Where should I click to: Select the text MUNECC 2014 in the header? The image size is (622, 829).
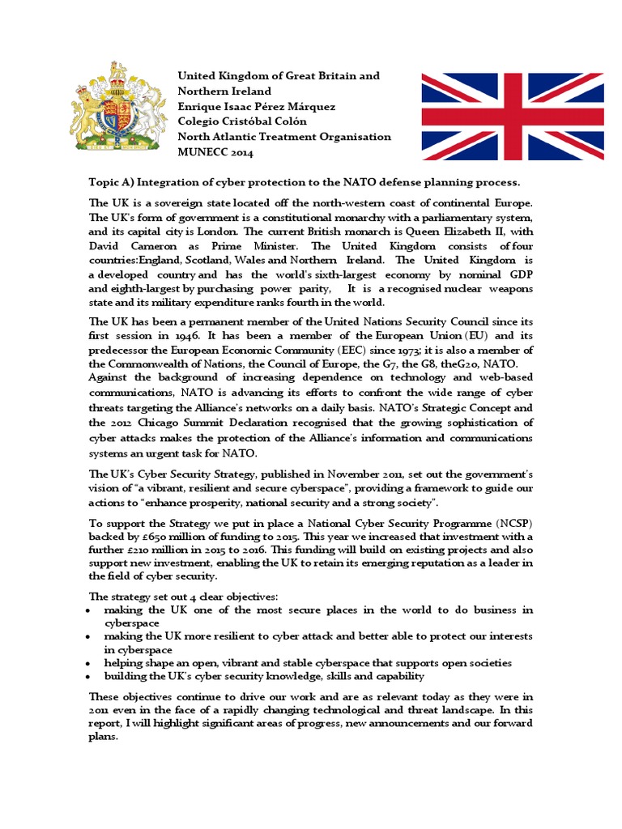pyautogui.click(x=215, y=152)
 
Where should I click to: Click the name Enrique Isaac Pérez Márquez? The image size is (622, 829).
pyautogui.click(x=257, y=106)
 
